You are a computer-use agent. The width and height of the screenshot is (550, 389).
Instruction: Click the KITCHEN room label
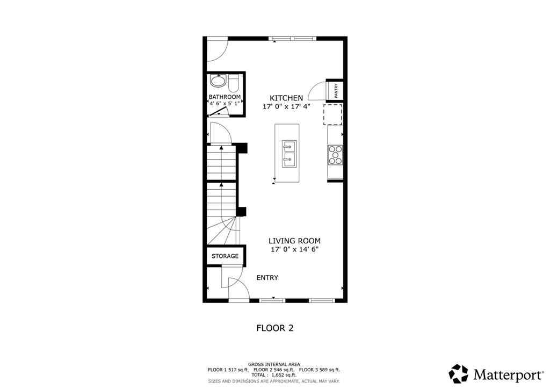pyautogui.click(x=286, y=98)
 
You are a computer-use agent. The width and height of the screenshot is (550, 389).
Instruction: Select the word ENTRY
pyautogui.click(x=267, y=278)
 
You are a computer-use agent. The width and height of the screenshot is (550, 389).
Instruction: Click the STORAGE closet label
pyautogui.click(x=225, y=256)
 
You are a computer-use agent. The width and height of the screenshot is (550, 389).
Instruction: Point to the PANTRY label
pyautogui.click(x=335, y=90)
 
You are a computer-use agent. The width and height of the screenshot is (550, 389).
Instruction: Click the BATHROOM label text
pyautogui.click(x=225, y=97)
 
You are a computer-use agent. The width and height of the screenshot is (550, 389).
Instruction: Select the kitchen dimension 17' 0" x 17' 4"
pyautogui.click(x=286, y=107)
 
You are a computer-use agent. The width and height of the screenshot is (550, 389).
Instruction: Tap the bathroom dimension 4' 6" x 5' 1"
pyautogui.click(x=225, y=104)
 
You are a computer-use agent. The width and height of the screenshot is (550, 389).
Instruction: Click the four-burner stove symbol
pyautogui.click(x=335, y=155)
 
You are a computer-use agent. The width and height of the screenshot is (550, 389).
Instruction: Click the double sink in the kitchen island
pyautogui.click(x=290, y=153)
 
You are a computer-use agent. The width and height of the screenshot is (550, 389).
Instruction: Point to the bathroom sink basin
pyautogui.click(x=218, y=82)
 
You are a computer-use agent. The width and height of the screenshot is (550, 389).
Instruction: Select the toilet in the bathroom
pyautogui.click(x=234, y=84)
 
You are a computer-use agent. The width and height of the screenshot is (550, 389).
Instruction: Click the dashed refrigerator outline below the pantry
pyautogui.click(x=332, y=114)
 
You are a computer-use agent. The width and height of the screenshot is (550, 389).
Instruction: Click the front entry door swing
pyautogui.click(x=237, y=288)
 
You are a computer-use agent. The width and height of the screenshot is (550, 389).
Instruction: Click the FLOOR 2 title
pyautogui.click(x=274, y=327)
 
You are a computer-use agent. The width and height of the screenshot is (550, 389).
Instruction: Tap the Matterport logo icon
pyautogui.click(x=459, y=373)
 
